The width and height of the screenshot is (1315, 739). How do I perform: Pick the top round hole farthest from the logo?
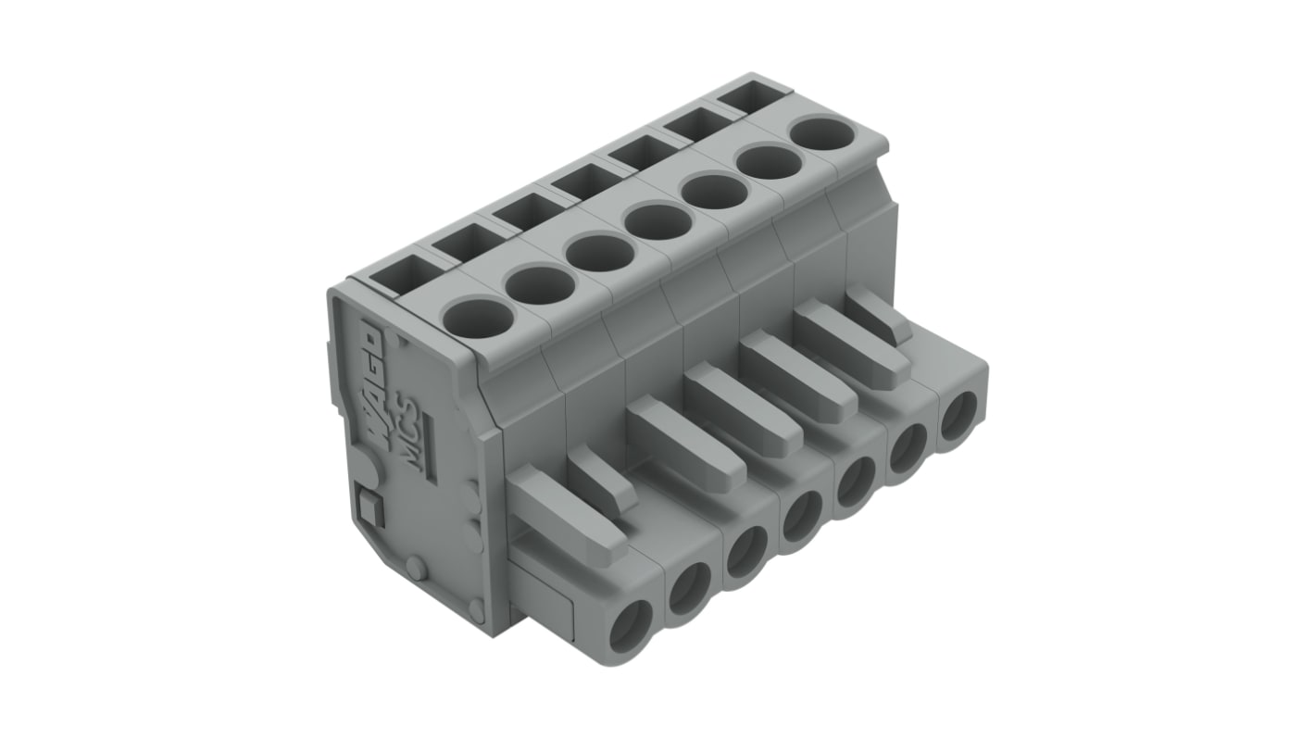point(822,133)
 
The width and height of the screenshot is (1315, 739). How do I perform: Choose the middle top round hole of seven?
point(658,221)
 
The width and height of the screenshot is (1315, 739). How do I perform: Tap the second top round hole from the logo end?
point(541,285)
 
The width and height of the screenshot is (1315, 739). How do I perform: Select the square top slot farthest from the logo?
point(746,95)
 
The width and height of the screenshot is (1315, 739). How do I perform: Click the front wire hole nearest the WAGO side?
point(632,626)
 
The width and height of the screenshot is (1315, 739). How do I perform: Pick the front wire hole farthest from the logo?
point(959,417)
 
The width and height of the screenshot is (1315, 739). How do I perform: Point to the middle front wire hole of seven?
point(802,517)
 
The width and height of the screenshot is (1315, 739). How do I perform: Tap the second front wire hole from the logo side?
point(690,588)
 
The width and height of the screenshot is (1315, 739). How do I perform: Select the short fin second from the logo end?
point(602,479)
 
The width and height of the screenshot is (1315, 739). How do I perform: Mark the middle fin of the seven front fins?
point(731,408)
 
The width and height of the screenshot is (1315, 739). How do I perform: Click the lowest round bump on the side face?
point(476,608)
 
